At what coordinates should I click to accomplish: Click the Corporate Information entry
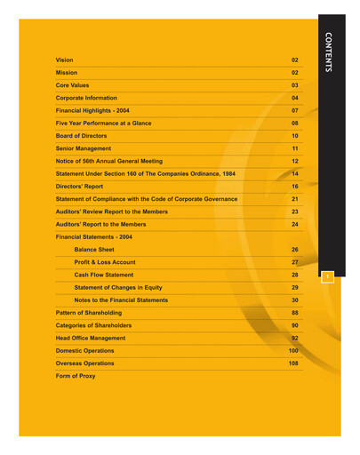91,97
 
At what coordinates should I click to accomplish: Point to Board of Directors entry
86,135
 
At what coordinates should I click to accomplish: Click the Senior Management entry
84,148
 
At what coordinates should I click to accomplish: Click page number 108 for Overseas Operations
294,363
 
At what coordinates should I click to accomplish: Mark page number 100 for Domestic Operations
294,351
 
